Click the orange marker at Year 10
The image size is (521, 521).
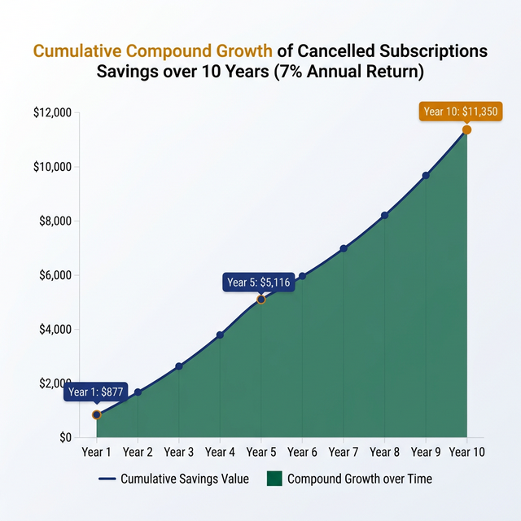point(466,130)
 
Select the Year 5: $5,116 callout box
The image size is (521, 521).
point(257,282)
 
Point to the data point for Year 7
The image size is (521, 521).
point(344,248)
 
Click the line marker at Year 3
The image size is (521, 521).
point(179,366)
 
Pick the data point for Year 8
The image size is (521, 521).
point(384,216)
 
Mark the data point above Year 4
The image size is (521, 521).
point(220,335)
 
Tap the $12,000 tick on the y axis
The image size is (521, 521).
point(53,112)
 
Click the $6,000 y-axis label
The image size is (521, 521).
point(55,275)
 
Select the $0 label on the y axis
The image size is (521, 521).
point(65,438)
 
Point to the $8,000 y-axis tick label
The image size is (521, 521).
point(55,221)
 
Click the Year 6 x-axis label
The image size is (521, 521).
point(302,452)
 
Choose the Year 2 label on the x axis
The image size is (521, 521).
point(138,452)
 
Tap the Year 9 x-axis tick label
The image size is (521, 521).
point(426,452)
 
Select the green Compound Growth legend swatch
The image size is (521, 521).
point(274,479)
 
